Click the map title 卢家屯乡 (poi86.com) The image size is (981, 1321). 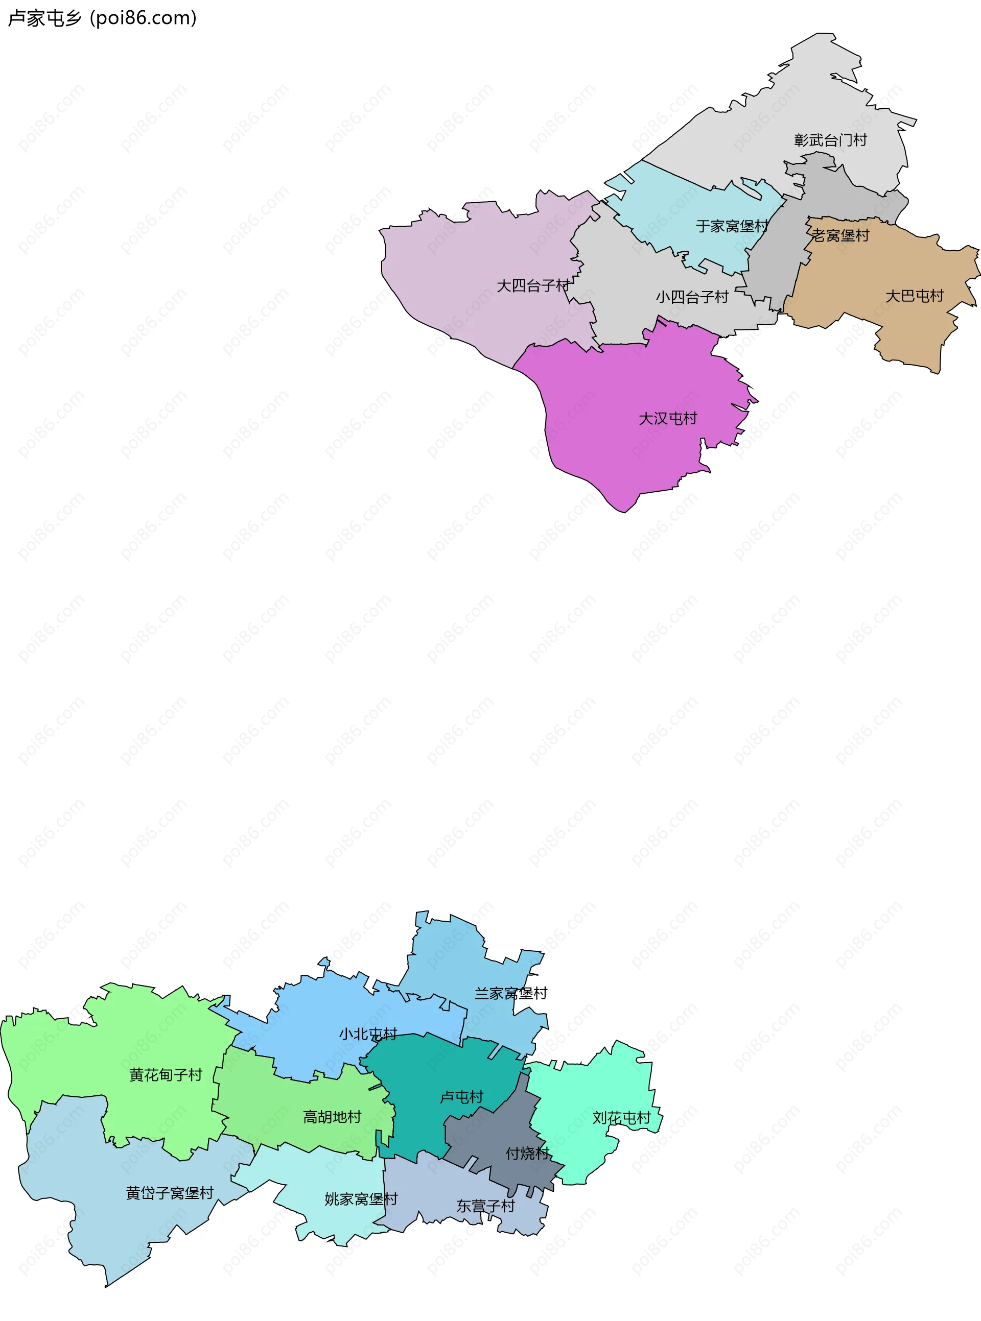tap(102, 18)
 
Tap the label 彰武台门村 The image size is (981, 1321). tap(830, 140)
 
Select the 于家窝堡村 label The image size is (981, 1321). tap(732, 226)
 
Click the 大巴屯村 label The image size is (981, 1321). tap(915, 296)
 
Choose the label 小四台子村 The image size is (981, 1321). tap(692, 297)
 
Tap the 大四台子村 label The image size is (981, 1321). tap(533, 285)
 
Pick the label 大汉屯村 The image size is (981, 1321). tap(667, 418)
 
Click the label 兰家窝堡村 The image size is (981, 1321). tap(511, 993)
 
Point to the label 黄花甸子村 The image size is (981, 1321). tap(166, 1075)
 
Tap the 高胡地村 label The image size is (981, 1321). tap(332, 1117)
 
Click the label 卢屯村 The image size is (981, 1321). tap(461, 1097)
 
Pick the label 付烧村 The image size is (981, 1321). tap(527, 1153)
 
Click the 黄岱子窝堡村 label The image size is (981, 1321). tap(169, 1193)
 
